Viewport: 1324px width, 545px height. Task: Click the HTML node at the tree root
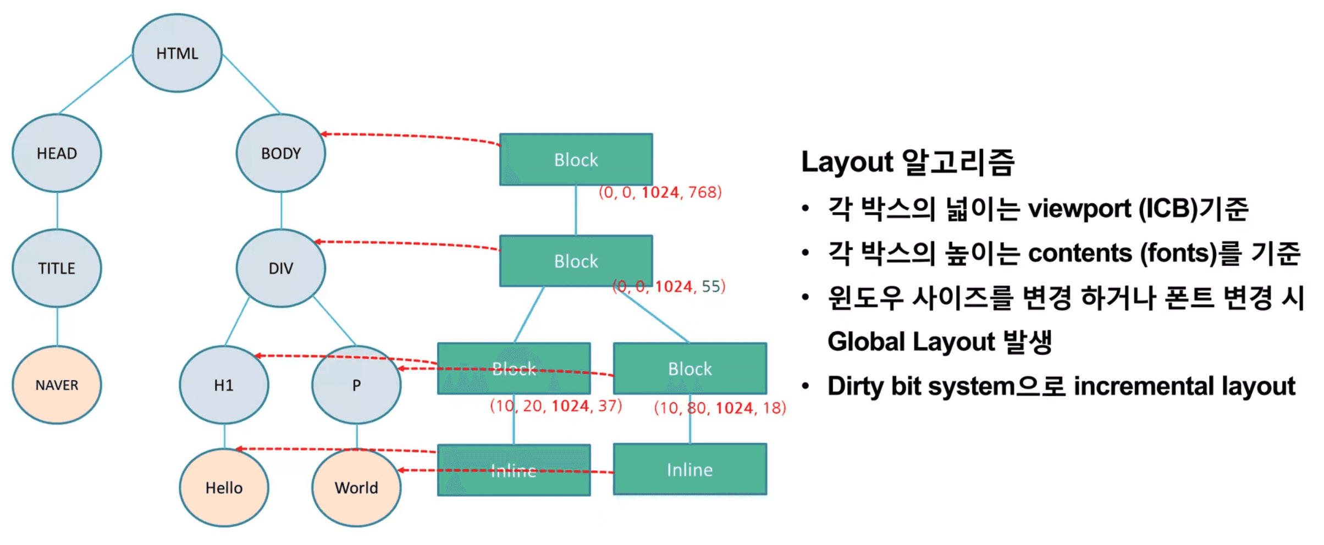tap(177, 53)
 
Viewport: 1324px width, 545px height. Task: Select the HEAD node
tap(57, 153)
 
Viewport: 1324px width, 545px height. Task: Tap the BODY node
tap(281, 153)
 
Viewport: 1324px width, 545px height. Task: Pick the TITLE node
tap(57, 268)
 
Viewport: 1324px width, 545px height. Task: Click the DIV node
tap(281, 268)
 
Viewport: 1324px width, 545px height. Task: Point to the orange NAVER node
tap(57, 385)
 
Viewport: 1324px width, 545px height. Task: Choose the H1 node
tap(224, 385)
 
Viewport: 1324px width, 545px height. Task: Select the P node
tap(356, 385)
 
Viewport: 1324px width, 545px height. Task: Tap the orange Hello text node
tap(224, 488)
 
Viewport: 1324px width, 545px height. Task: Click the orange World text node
tap(356, 488)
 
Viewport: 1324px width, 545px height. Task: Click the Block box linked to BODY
tap(576, 159)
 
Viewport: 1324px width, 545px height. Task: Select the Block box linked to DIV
tap(576, 261)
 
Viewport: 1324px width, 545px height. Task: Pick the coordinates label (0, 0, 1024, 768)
tap(660, 192)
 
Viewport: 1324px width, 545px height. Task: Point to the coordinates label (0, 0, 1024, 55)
tap(669, 286)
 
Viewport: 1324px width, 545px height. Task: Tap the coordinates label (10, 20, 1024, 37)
tap(556, 406)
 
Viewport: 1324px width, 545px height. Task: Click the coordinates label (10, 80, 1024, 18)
tap(720, 408)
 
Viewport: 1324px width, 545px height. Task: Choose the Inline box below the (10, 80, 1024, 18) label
tap(689, 470)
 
